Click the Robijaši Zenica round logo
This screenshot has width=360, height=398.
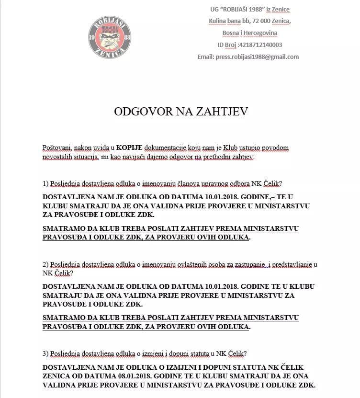pos(110,38)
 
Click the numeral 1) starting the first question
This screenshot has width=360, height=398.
pos(46,183)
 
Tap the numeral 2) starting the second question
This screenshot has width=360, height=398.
pos(46,264)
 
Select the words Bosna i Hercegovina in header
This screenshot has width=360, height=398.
pos(249,33)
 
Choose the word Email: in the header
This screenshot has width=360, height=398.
pos(207,57)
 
